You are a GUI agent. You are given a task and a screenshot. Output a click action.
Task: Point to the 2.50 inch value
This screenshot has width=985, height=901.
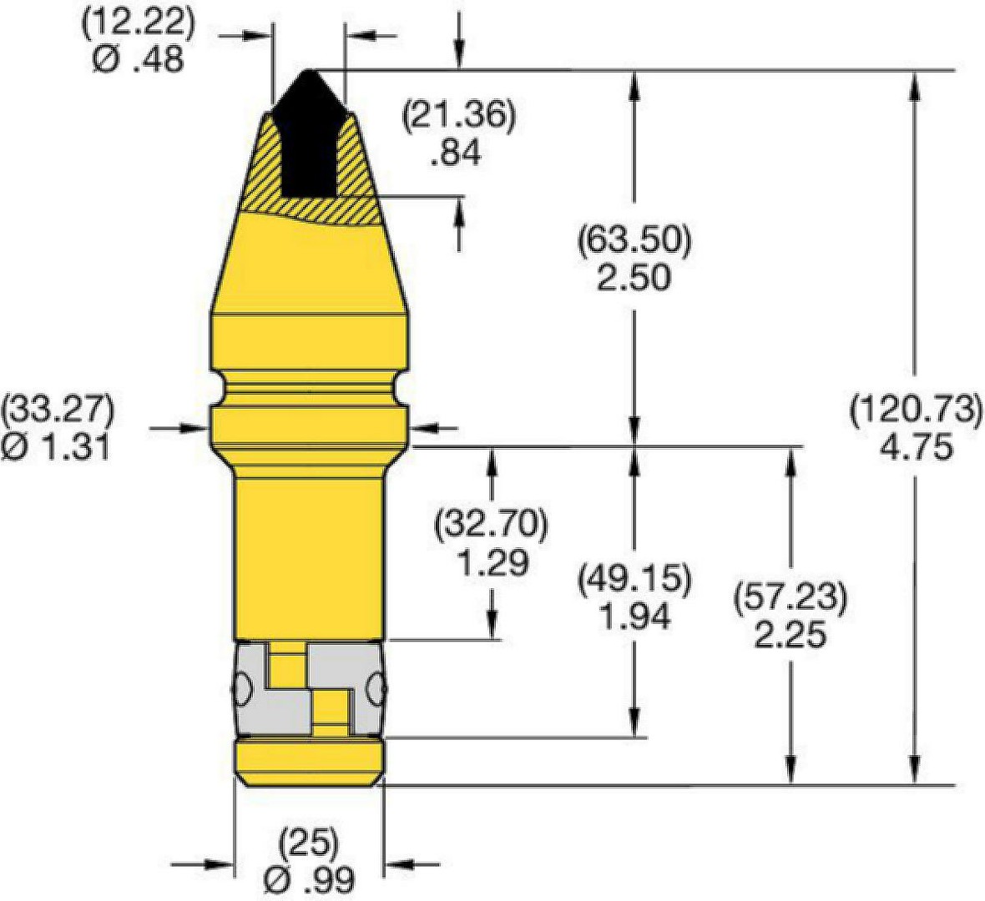(x=634, y=278)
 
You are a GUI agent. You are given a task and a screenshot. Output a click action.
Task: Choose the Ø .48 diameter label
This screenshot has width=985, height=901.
(x=139, y=59)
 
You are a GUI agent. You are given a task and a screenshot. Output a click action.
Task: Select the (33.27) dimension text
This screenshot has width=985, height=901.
(x=58, y=410)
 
